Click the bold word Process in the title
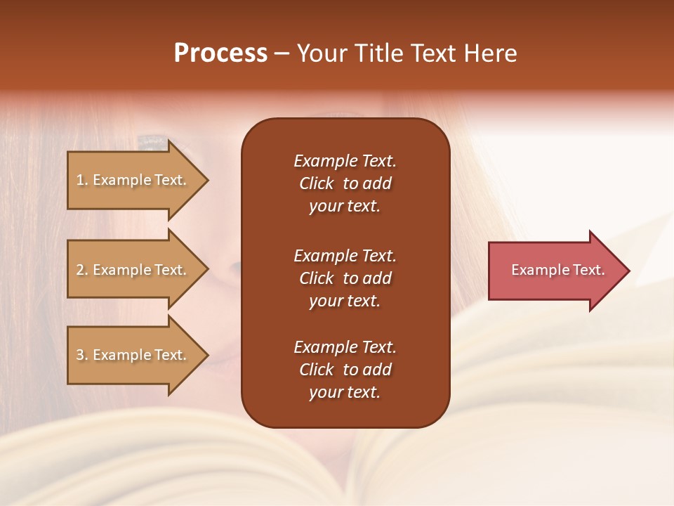coord(220,53)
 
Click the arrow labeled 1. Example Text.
coord(131,180)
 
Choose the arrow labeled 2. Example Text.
coord(131,270)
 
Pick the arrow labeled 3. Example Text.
coord(131,355)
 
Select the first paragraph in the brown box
coord(345,183)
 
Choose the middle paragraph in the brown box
coord(345,278)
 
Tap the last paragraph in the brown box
coord(345,370)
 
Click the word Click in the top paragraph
coord(316,183)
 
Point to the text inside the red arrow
coord(557,270)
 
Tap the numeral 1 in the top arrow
coord(79,180)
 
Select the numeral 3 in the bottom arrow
coord(79,355)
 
